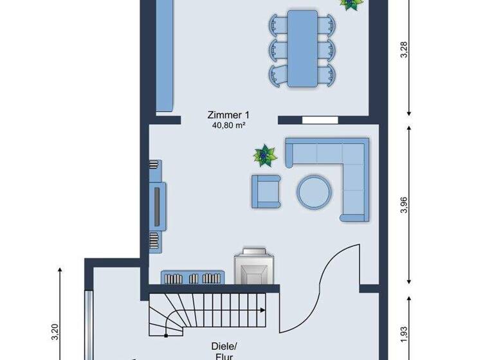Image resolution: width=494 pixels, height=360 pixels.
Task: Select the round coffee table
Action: click(x=314, y=190)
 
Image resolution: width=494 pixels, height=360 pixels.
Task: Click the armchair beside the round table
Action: click(x=266, y=191)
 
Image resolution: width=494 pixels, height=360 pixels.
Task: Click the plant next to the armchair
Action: click(x=263, y=156)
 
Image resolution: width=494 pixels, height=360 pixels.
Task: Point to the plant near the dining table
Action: click(x=349, y=4)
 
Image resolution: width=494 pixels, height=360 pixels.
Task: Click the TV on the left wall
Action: click(x=158, y=205)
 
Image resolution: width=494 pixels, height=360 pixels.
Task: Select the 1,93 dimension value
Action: click(x=403, y=334)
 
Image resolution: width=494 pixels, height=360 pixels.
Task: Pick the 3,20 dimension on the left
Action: click(x=55, y=332)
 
